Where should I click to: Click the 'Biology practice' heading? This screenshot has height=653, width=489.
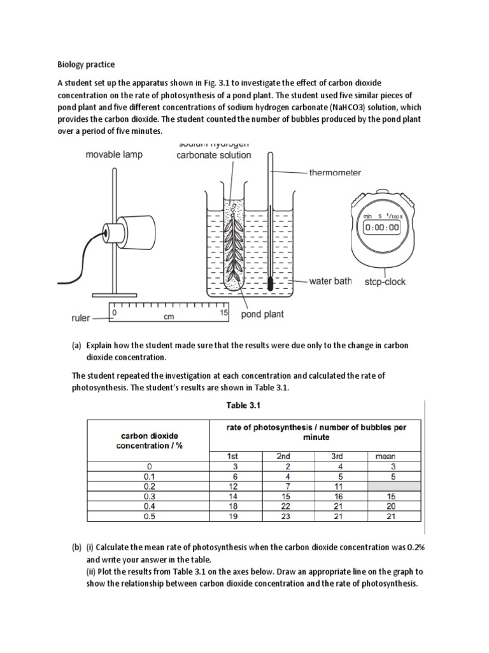tap(86, 64)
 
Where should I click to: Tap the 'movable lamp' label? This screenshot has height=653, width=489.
tap(115, 154)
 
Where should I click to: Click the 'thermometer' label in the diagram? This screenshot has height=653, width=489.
tap(335, 172)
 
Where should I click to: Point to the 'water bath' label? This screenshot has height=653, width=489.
tap(330, 281)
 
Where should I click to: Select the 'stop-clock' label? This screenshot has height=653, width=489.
tap(385, 281)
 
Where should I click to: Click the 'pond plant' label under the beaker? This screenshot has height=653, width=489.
tap(262, 314)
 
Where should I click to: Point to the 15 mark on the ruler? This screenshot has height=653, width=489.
tap(223, 313)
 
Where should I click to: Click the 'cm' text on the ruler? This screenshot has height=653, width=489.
tap(169, 316)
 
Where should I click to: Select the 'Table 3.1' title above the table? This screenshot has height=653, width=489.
tap(254, 405)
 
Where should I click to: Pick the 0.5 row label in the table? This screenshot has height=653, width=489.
tap(149, 517)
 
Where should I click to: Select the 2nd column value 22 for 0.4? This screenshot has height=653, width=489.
tap(283, 506)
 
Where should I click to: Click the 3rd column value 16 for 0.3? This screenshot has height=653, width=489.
tap(337, 496)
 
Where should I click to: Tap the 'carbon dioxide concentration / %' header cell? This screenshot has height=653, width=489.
tap(149, 441)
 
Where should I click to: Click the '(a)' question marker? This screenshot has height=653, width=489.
tap(76, 346)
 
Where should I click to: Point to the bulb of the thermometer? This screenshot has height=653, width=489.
tap(270, 283)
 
